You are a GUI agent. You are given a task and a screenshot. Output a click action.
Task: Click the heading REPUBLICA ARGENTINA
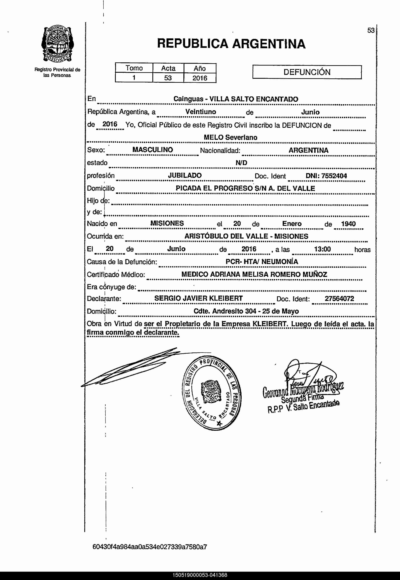coord(231,44)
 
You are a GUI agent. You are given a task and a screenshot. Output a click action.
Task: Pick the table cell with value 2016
coord(200,78)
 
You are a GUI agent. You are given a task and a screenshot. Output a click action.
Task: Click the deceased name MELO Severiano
coord(230,137)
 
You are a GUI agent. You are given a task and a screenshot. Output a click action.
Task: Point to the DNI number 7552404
coord(334,176)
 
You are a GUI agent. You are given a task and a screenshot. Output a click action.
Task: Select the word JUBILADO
coord(185,175)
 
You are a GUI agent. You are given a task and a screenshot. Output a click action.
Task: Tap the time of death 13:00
coord(322,249)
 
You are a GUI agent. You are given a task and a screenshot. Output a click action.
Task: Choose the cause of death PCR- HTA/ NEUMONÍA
coord(262,262)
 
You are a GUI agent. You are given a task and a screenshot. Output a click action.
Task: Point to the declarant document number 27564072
coord(339,299)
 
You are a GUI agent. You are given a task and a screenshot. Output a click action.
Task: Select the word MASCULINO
coord(153,150)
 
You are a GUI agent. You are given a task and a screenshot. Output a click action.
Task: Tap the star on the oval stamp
coord(219,423)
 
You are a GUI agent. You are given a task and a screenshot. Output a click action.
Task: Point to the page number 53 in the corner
coord(371,31)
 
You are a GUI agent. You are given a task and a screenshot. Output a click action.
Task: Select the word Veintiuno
coord(201,112)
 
